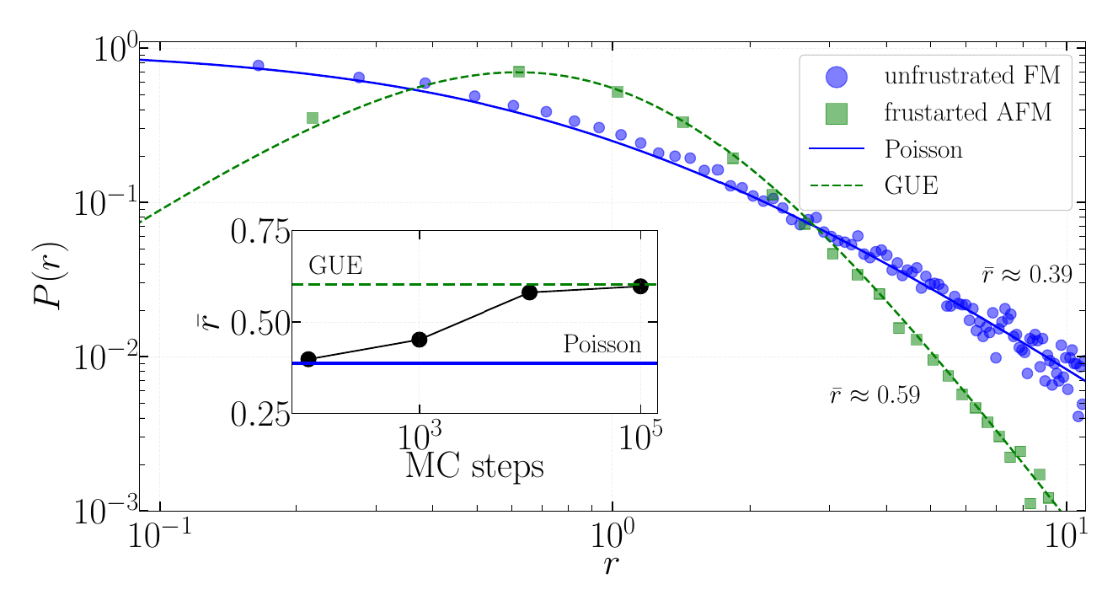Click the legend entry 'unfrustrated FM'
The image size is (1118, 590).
pyautogui.click(x=969, y=77)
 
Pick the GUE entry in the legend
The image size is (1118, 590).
pyautogui.click(x=911, y=185)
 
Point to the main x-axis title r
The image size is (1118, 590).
pyautogui.click(x=612, y=565)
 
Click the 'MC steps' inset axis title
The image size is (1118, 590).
pyautogui.click(x=473, y=466)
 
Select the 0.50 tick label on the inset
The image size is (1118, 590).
pyautogui.click(x=259, y=323)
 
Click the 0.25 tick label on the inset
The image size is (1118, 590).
pyautogui.click(x=259, y=415)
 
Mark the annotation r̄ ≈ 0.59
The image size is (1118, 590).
pyautogui.click(x=874, y=394)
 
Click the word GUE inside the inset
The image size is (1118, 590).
pyautogui.click(x=335, y=265)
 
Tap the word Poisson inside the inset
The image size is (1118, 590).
pyautogui.click(x=602, y=344)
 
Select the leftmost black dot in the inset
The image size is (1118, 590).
pyautogui.click(x=308, y=359)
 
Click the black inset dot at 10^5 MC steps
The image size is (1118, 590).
pyautogui.click(x=640, y=286)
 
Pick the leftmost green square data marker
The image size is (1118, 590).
pyautogui.click(x=312, y=118)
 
